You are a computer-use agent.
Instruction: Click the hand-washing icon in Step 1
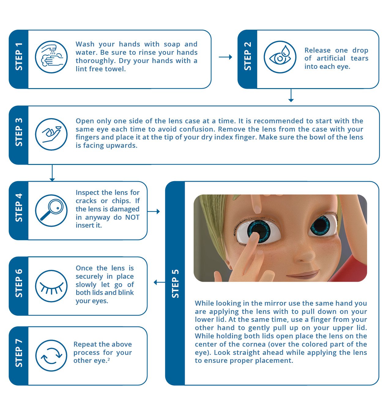51,57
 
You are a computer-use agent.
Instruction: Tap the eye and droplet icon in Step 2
280,57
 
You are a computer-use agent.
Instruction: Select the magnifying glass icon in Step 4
51,210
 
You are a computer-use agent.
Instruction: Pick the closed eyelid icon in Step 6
51,286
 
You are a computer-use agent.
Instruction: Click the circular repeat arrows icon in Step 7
51,356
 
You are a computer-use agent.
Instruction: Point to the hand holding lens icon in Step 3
51,134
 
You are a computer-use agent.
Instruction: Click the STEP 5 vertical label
175,284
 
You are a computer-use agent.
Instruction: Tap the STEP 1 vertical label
19,57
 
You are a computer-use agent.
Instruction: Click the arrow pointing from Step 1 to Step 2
225,57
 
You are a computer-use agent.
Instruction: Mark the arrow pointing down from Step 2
291,95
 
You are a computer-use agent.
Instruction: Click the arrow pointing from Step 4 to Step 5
154,211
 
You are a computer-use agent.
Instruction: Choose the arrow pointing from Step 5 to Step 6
159,282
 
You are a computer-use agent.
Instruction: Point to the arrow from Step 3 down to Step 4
52,173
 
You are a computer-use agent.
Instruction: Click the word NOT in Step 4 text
132,217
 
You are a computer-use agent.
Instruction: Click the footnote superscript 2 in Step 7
109,359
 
